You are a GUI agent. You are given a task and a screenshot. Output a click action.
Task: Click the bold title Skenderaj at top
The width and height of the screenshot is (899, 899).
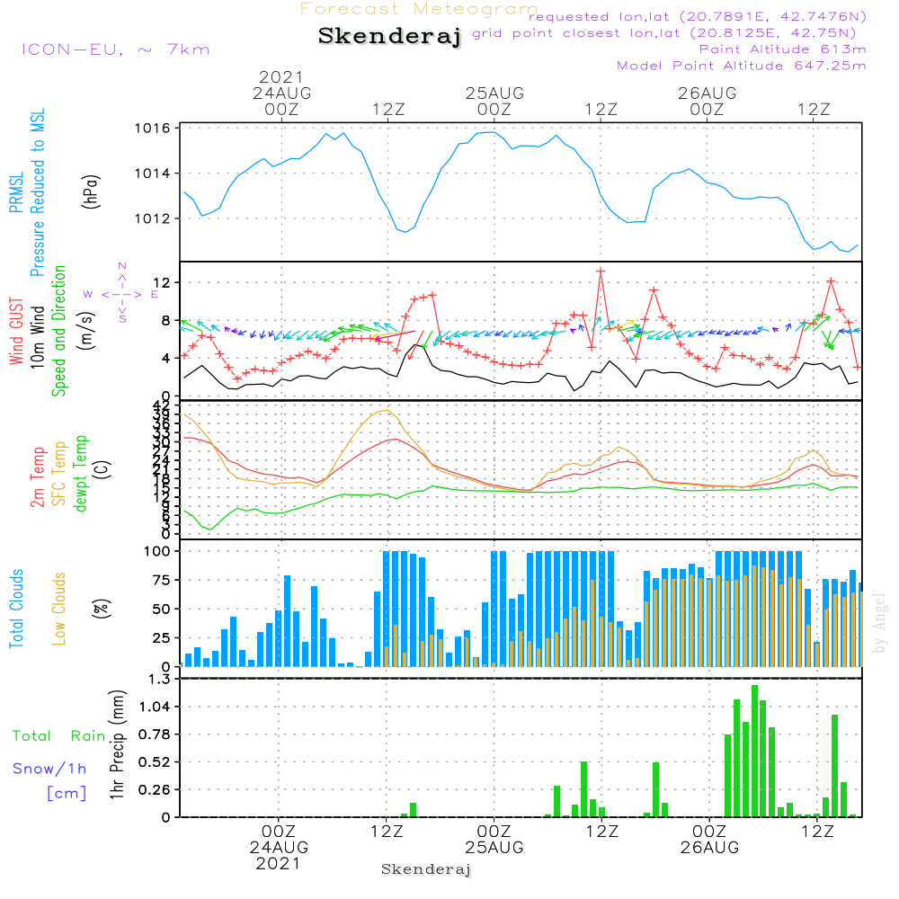[x=389, y=37]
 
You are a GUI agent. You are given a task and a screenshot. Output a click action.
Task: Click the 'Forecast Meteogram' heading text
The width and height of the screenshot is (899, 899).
[x=419, y=9]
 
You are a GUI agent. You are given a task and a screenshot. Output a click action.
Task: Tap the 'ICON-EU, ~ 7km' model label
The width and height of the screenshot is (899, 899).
[x=115, y=49]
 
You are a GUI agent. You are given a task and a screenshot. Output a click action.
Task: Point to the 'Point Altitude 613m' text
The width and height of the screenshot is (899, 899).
[x=782, y=49]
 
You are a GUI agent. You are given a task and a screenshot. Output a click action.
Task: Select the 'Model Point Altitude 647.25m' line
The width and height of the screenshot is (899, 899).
[x=742, y=66]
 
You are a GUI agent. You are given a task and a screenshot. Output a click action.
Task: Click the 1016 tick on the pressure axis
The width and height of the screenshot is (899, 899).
[x=154, y=129]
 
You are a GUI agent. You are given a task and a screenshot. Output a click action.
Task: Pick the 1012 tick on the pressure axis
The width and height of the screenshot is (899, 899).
[x=154, y=218]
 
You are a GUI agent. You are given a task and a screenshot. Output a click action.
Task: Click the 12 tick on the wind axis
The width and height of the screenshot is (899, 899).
[x=163, y=283]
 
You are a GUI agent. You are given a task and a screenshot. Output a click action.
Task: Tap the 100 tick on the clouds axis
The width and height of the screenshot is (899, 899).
[x=157, y=551]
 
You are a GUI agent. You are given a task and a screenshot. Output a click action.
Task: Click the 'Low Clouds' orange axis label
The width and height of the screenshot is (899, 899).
[x=59, y=607]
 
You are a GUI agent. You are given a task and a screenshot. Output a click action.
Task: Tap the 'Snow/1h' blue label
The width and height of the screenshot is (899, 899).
[x=50, y=769]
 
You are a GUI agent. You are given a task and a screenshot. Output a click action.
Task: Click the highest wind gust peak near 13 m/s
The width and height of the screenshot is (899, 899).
[x=600, y=271]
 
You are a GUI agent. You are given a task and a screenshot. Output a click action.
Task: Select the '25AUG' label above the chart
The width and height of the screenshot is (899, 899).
[x=494, y=93]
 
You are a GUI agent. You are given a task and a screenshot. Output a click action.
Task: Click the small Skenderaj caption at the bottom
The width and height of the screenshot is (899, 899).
[x=426, y=869]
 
